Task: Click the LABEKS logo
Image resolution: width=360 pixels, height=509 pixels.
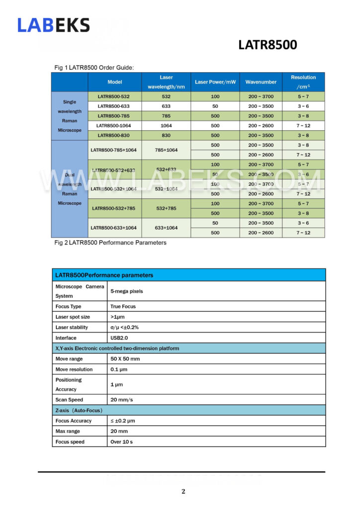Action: click(54, 25)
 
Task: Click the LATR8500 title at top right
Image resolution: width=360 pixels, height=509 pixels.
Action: click(268, 45)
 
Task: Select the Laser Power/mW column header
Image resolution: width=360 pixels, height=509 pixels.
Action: click(215, 82)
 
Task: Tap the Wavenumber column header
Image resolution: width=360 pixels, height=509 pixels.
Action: click(261, 82)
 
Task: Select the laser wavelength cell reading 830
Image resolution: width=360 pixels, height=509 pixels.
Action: click(166, 135)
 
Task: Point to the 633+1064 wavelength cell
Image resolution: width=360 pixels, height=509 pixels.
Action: click(166, 228)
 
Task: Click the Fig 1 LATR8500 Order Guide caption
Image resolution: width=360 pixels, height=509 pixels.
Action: click(94, 68)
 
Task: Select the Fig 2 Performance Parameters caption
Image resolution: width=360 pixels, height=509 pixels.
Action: click(110, 243)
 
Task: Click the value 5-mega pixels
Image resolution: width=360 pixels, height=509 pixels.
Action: click(126, 291)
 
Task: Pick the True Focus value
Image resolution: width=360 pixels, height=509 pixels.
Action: click(123, 306)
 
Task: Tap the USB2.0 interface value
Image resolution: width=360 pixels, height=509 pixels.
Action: click(120, 338)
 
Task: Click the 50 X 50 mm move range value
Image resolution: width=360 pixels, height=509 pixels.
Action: click(125, 358)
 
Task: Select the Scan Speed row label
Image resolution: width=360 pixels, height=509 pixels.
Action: click(69, 400)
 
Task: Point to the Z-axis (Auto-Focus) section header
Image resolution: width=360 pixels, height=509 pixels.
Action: click(79, 410)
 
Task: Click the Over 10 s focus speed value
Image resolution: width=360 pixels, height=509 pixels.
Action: click(122, 441)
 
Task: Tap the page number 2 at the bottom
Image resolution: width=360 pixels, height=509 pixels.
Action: click(183, 492)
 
